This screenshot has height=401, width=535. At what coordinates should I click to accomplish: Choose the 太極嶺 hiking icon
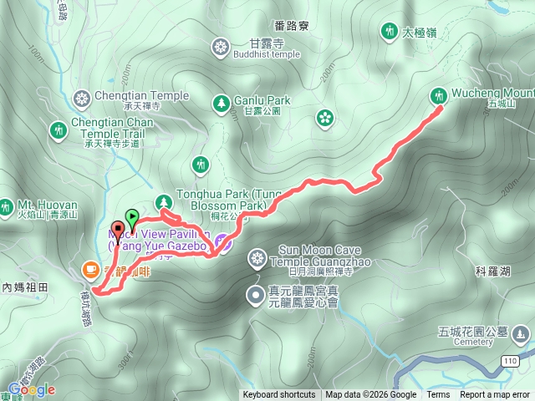(x=388, y=33)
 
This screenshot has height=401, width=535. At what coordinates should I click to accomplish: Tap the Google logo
(x=32, y=389)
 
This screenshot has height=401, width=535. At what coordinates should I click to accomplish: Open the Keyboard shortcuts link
(x=279, y=395)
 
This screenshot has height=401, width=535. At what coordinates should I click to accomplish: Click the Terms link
(x=438, y=395)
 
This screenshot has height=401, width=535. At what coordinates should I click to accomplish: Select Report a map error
(x=495, y=395)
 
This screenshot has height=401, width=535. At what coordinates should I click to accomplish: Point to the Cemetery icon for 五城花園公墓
(x=522, y=335)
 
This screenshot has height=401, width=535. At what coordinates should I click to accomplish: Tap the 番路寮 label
(x=291, y=27)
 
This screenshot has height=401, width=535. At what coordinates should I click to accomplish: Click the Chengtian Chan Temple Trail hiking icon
(x=58, y=131)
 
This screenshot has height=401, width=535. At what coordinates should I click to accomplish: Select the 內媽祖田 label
(x=26, y=287)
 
